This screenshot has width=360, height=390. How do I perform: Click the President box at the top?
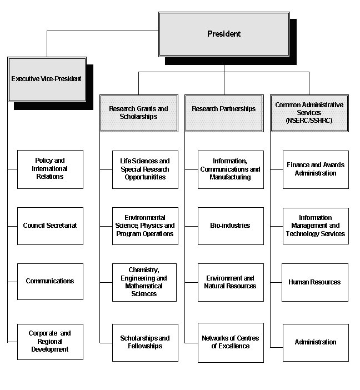click(x=224, y=34)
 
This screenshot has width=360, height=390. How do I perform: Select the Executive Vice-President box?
click(x=47, y=79)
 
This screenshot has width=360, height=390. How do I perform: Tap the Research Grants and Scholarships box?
click(x=138, y=112)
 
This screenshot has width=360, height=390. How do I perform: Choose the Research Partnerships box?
click(x=224, y=109)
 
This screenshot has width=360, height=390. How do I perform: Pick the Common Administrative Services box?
click(x=309, y=112)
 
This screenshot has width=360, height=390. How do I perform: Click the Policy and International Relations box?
click(x=50, y=169)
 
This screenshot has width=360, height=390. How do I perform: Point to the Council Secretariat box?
click(x=50, y=226)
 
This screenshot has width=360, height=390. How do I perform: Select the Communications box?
click(x=50, y=281)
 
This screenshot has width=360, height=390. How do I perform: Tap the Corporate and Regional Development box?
click(x=50, y=341)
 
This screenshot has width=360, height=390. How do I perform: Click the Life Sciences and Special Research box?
click(x=145, y=169)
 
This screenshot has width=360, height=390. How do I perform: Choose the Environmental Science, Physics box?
click(x=145, y=226)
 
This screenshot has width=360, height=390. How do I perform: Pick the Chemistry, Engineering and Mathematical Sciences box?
click(x=145, y=282)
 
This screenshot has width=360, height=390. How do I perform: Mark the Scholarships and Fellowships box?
click(x=145, y=342)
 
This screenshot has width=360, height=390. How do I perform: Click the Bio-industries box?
click(x=231, y=226)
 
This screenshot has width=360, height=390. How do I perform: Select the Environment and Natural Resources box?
click(x=231, y=282)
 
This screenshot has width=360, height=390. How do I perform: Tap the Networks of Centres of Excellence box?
click(x=231, y=342)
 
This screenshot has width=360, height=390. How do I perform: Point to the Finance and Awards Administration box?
click(x=316, y=169)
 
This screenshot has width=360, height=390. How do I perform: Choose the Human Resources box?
click(x=316, y=282)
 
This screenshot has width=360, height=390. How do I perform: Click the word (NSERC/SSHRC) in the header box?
click(x=309, y=120)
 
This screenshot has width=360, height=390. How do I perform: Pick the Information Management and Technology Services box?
click(x=316, y=226)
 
